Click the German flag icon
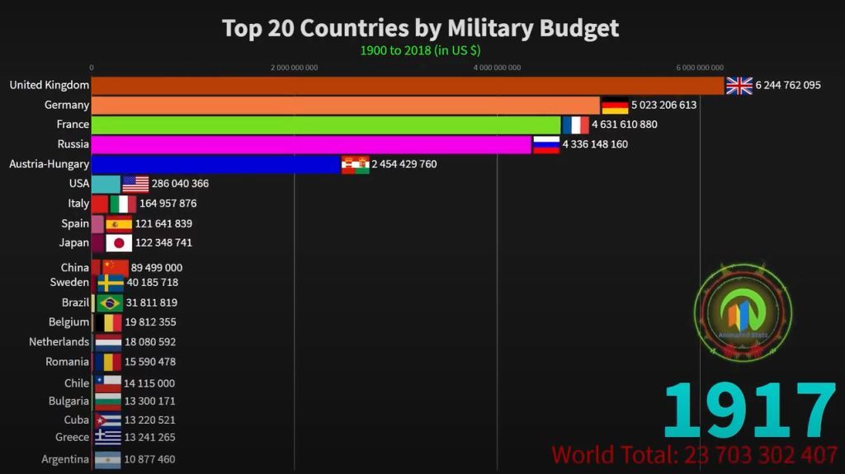pyautogui.click(x=615, y=106)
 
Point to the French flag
pyautogui.click(x=575, y=124)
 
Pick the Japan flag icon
pyautogui.click(x=119, y=243)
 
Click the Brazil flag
pyautogui.click(x=110, y=303)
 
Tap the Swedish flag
pyautogui.click(x=111, y=283)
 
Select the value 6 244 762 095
pyautogui.click(x=788, y=85)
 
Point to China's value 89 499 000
pyautogui.click(x=157, y=268)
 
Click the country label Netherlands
pyautogui.click(x=59, y=342)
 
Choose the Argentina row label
pyautogui.click(x=65, y=459)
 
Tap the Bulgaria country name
pyautogui.click(x=68, y=401)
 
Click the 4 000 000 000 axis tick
pyautogui.click(x=497, y=68)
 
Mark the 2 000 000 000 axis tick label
pyautogui.click(x=294, y=68)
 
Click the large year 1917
pyautogui.click(x=749, y=410)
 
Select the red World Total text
pyautogui.click(x=695, y=455)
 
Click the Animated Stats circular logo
pyautogui.click(x=743, y=312)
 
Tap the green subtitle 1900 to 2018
pyautogui.click(x=420, y=50)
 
